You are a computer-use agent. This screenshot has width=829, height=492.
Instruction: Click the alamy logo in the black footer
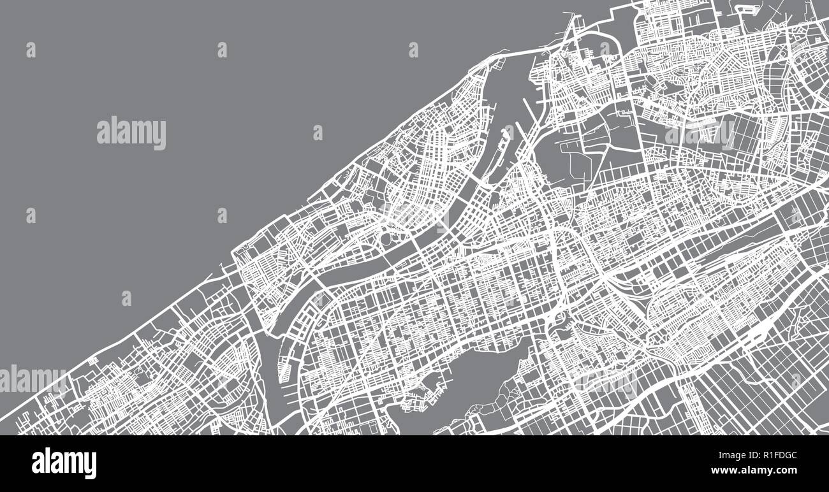click(64, 463)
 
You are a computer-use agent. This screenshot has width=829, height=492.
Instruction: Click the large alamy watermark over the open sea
click(131, 134)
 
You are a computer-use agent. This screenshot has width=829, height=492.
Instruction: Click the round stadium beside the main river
click(387, 238)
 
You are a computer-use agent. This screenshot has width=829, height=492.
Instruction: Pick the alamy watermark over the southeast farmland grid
click(606, 382)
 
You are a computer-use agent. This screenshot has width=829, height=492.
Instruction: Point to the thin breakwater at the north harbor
click(569, 25)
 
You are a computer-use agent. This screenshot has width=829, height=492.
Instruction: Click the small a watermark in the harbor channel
click(508, 133)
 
